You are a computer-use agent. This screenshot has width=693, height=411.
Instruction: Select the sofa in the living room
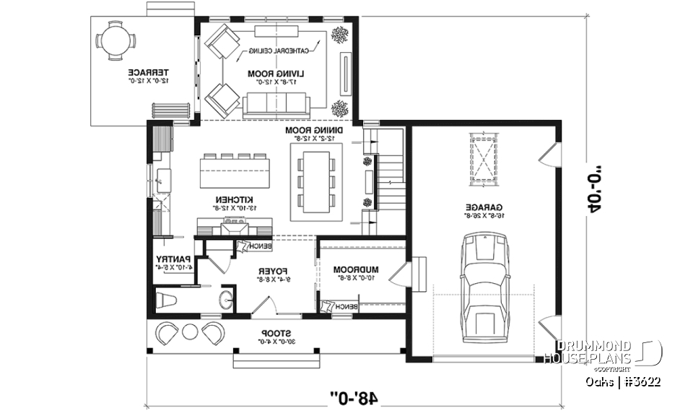point(277,106)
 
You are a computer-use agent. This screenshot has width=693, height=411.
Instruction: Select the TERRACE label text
point(149,73)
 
